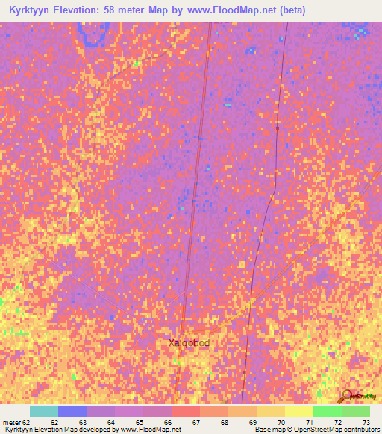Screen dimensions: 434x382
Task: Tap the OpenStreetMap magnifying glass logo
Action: tap(346, 395)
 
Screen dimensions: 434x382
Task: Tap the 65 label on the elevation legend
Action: tap(139, 423)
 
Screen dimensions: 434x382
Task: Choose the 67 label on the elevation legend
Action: tap(195, 423)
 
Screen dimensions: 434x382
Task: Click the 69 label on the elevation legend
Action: tap(252, 423)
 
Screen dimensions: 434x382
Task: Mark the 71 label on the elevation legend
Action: tap(309, 423)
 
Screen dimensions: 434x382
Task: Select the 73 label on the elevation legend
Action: tap(366, 423)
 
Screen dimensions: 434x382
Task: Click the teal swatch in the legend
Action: tap(44, 411)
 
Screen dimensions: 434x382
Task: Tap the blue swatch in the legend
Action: tap(72, 411)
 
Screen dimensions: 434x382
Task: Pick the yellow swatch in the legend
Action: tap(299, 411)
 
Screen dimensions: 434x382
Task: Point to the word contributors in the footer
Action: tap(360, 430)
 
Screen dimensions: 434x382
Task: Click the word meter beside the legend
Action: tap(12, 423)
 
